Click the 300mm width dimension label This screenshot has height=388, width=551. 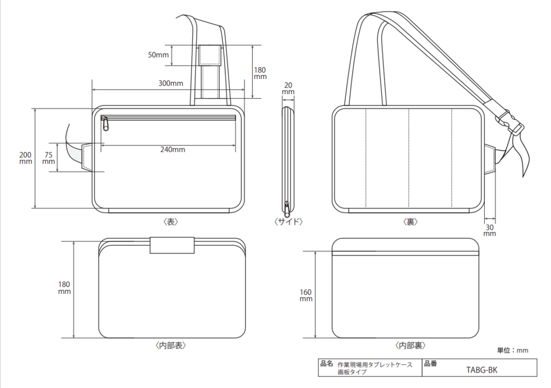170,83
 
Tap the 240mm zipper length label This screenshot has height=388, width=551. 172,149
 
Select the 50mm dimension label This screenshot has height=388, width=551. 158,55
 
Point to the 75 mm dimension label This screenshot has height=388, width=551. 48,158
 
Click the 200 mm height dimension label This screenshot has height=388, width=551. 26,158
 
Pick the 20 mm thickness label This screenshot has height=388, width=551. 288,88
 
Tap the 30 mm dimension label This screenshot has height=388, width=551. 489,230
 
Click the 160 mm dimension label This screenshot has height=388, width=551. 306,295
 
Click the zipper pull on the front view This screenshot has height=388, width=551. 105,124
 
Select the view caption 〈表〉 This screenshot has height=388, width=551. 170,222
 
